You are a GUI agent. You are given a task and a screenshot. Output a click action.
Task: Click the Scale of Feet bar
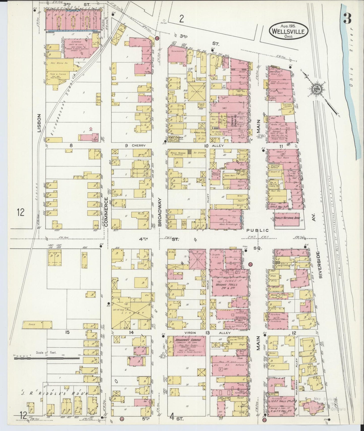point(47,357)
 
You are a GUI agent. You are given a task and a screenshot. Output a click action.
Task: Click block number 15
point(67,332)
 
